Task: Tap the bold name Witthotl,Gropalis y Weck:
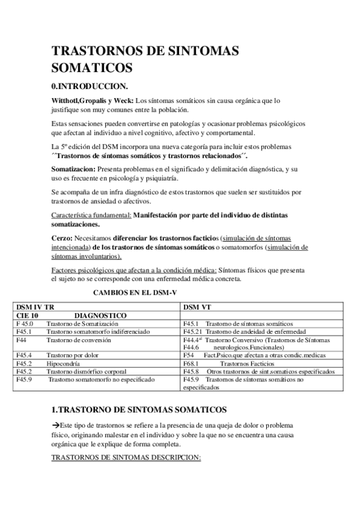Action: pos(93,100)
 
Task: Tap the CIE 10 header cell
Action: pos(27,315)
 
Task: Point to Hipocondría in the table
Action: pos(68,363)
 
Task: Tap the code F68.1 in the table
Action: pos(192,363)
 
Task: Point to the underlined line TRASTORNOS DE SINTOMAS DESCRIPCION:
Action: pos(126,458)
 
